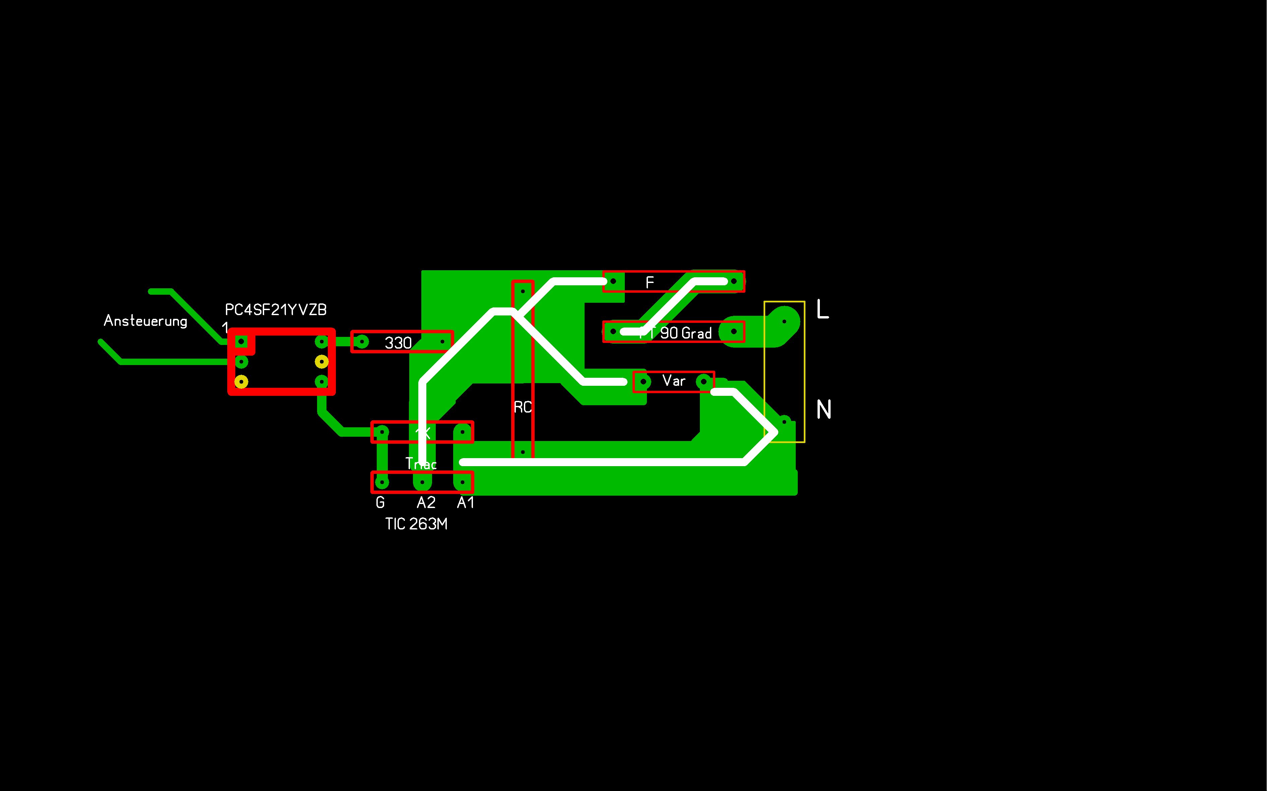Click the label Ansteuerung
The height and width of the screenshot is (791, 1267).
[145, 321]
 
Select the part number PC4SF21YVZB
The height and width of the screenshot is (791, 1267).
[276, 310]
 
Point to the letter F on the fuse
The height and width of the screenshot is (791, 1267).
[650, 283]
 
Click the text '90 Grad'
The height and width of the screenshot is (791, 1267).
[686, 333]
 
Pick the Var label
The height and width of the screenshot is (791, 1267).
[674, 381]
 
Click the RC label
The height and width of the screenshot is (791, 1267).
[523, 407]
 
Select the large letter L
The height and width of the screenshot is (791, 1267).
[823, 310]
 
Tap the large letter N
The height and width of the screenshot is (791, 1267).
[824, 409]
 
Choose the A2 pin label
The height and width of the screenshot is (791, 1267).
[426, 503]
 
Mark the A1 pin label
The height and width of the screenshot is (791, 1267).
[466, 503]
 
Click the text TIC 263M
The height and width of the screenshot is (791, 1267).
[416, 524]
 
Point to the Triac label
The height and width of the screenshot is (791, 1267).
[421, 463]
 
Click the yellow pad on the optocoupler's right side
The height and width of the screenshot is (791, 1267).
[321, 361]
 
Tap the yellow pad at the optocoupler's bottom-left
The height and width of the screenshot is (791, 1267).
[241, 382]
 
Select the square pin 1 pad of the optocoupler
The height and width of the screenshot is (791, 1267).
[241, 342]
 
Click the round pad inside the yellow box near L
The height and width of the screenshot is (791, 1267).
[784, 321]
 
